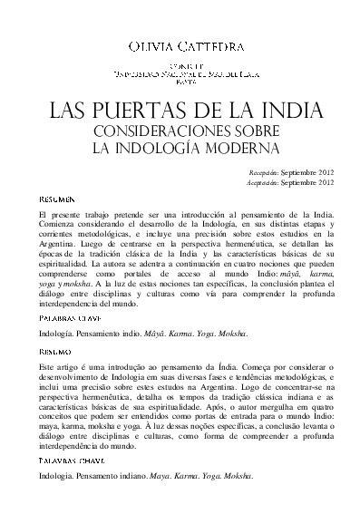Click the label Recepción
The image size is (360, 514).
click(x=265, y=171)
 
